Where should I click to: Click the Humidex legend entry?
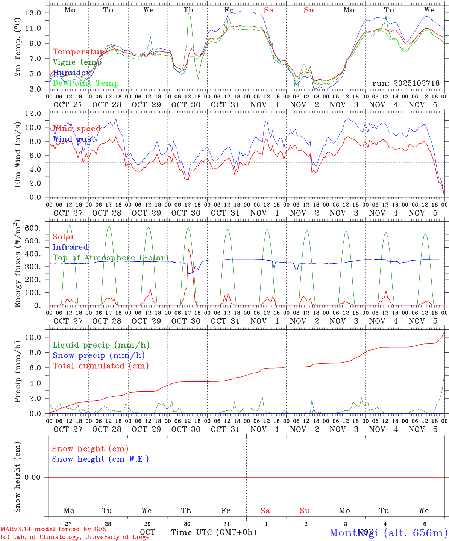pyautogui.click(x=71, y=73)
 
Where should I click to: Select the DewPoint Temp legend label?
pyautogui.click(x=86, y=83)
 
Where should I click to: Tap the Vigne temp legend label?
pyautogui.click(x=77, y=62)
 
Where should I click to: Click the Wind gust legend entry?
pyautogui.click(x=74, y=139)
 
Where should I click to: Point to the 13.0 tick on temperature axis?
pyautogui.click(x=33, y=13)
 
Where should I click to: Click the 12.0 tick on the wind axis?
pyautogui.click(x=33, y=113)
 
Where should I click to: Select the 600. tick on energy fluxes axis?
pyautogui.click(x=33, y=228)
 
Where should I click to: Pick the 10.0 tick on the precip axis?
pyautogui.click(x=33, y=337)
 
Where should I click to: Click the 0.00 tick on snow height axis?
pyautogui.click(x=33, y=477)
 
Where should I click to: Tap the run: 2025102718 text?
pyautogui.click(x=406, y=83)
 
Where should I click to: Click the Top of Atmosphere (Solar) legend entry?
pyautogui.click(x=111, y=258)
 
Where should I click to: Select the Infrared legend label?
pyautogui.click(x=70, y=247)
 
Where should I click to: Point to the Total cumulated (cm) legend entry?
pyautogui.click(x=101, y=366)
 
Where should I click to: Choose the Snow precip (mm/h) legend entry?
pyautogui.click(x=99, y=355)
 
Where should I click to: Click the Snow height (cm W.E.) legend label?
pyautogui.click(x=100, y=459)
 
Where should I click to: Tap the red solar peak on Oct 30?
pyautogui.click(x=188, y=249)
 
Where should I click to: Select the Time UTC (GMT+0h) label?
pyautogui.click(x=214, y=532)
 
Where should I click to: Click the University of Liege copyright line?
pyautogui.click(x=75, y=537)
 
